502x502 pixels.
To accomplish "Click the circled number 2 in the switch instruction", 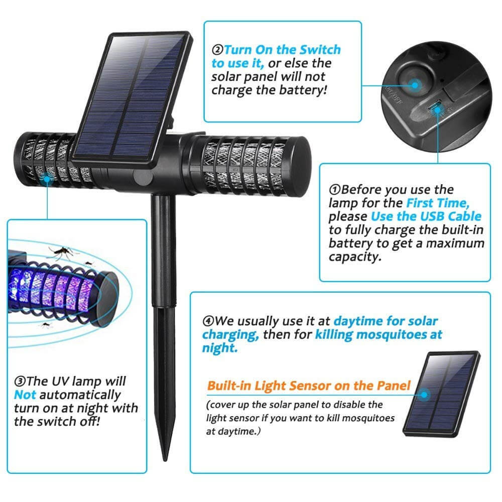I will [217, 50].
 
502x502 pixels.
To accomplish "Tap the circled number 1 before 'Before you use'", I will [335, 190].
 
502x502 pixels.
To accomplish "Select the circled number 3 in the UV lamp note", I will [20, 382].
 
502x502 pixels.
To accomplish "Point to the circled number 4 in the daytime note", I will [208, 321].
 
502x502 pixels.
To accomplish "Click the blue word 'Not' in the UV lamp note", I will [25, 395].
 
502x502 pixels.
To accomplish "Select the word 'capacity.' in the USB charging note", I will [353, 257].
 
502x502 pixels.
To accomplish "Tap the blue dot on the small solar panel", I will [424, 394].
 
